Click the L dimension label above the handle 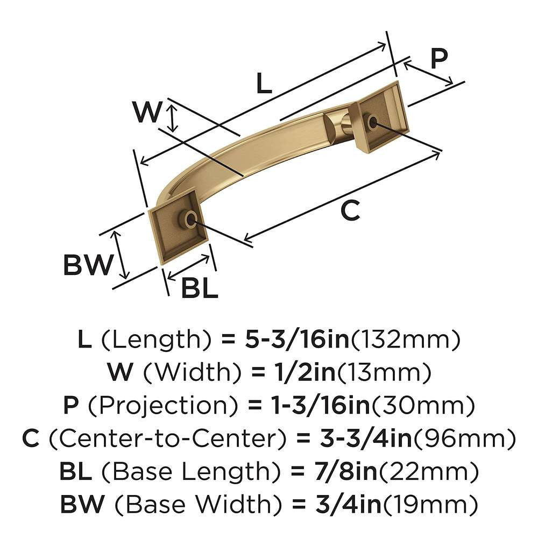pyautogui.click(x=263, y=84)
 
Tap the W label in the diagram pyautogui.click(x=147, y=113)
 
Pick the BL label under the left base pyautogui.click(x=199, y=289)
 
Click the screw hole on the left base pyautogui.click(x=189, y=219)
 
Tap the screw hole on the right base pyautogui.click(x=372, y=123)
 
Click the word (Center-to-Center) pyautogui.click(x=164, y=438)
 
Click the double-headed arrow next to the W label pyautogui.click(x=172, y=118)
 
